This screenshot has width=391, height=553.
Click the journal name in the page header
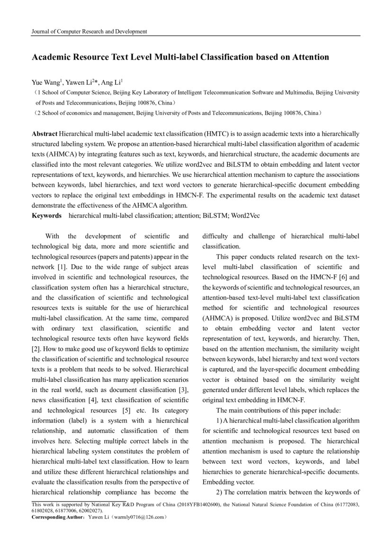(89, 32)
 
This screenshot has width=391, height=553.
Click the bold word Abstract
(44, 134)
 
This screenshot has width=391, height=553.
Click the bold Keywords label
(46, 215)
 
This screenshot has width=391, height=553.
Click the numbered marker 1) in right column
(220, 420)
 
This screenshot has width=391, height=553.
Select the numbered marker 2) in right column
(220, 492)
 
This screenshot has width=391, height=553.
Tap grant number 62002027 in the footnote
(88, 511)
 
